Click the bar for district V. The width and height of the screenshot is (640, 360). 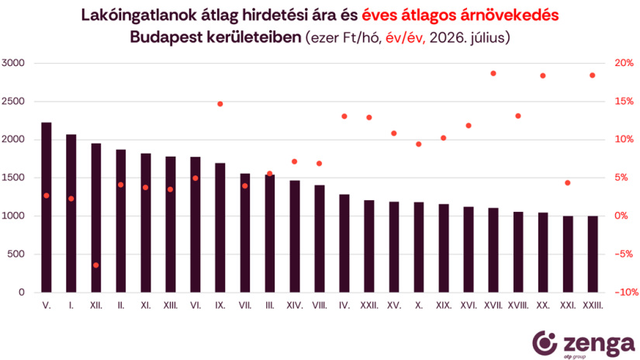click(47, 207)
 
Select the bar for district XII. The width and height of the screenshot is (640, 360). click(96, 218)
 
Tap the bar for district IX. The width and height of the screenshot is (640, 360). click(220, 228)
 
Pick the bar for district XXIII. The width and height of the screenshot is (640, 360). click(592, 254)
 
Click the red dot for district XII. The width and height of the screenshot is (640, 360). click(96, 265)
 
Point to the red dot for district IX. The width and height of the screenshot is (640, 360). click(220, 104)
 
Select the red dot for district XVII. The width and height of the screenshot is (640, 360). click(493, 74)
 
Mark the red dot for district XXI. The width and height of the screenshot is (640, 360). click(567, 183)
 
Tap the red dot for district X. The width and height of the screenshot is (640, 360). click(419, 144)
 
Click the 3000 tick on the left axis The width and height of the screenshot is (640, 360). click(13, 63)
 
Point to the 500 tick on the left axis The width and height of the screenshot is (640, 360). click(16, 254)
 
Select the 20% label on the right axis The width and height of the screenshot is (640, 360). click(624, 63)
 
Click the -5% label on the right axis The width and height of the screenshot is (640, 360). click(624, 254)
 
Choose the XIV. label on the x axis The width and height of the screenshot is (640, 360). click(295, 306)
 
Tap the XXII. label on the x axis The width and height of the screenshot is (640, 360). click(369, 306)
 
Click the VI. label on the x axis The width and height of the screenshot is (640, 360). click(195, 306)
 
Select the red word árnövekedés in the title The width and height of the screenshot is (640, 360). click(510, 15)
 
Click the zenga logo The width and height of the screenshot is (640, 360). click(583, 344)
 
